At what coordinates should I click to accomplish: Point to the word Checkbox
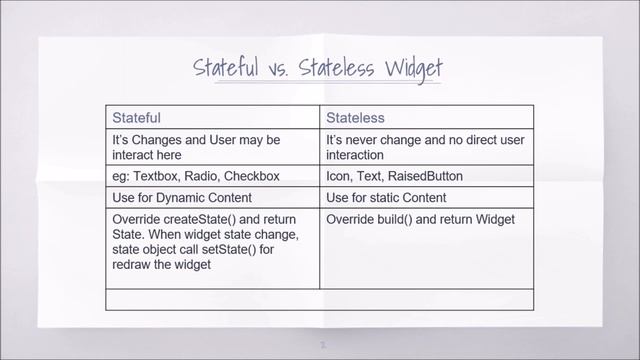pos(251,177)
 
